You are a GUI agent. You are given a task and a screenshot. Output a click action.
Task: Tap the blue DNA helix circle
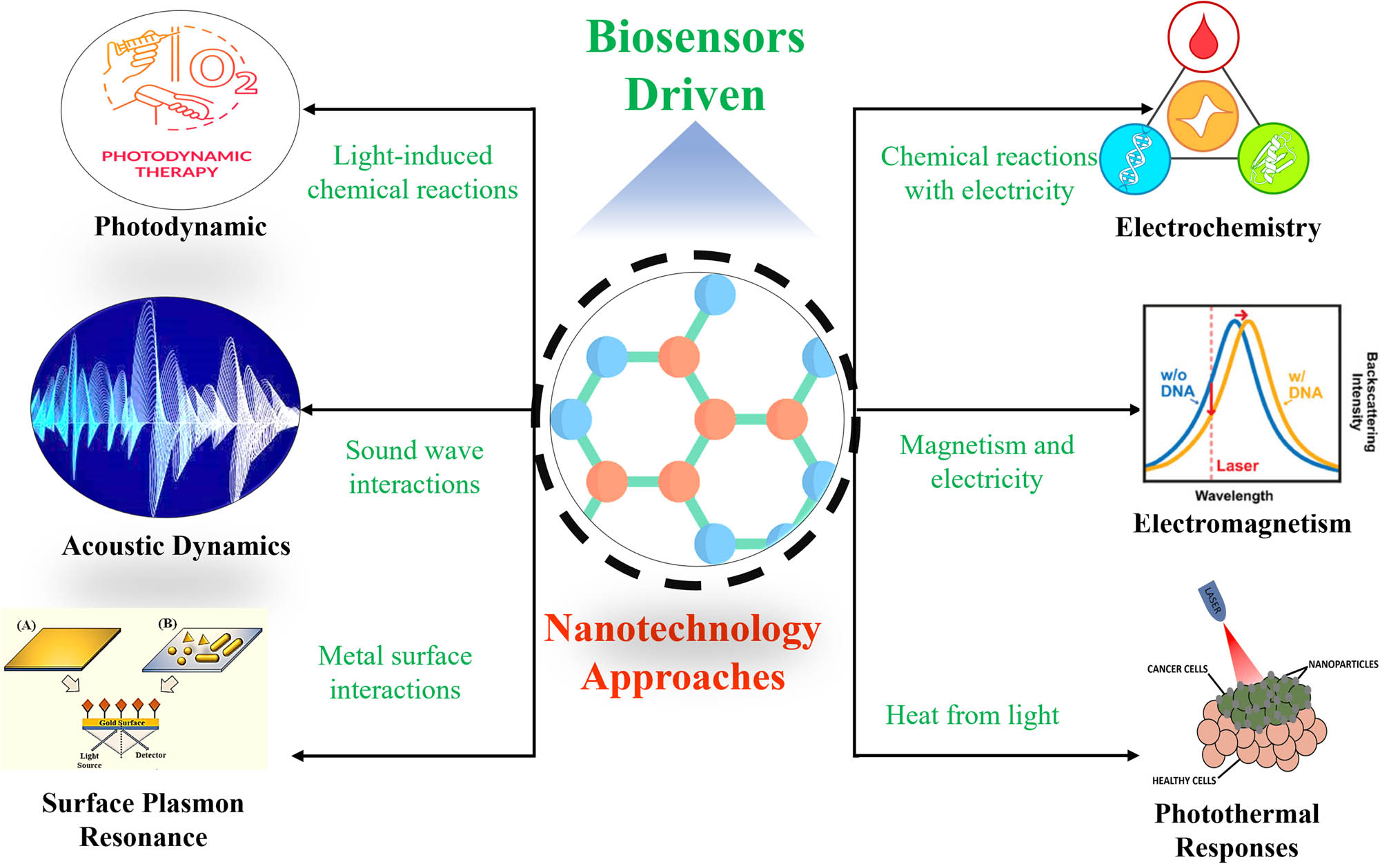1134,159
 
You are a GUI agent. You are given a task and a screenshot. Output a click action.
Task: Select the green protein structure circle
1273,159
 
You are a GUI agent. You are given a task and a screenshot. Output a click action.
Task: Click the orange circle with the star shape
1203,116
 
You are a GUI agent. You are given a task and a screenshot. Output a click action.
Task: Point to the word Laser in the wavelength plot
1237,466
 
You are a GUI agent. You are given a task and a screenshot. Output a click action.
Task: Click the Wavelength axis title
1234,495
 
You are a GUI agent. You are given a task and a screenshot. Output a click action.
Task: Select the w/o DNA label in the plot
1176,383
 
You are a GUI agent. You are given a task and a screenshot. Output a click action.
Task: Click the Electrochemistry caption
1218,227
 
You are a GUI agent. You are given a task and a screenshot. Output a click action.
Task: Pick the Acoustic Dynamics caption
176,546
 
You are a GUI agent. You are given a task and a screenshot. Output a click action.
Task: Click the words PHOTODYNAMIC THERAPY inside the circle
177,164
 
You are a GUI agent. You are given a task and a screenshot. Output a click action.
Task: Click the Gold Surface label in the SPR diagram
122,723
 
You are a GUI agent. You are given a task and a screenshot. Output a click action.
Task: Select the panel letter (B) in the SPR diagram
168,623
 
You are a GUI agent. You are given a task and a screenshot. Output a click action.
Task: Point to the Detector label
150,755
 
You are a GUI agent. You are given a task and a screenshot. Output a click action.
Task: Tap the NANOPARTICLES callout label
1343,664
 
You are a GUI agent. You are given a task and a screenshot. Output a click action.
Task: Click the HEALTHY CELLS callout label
1183,780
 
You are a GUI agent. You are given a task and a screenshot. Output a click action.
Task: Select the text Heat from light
972,715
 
